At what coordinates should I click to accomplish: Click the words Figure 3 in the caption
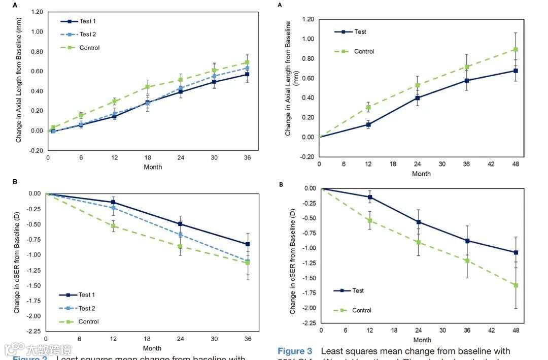click(295, 351)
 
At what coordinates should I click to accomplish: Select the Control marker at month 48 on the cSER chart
click(516, 285)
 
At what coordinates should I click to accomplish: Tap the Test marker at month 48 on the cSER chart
click(516, 252)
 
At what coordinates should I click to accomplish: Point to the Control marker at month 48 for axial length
click(516, 49)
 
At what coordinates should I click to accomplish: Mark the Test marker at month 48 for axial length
click(516, 71)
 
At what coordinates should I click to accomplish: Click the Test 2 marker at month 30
click(214, 76)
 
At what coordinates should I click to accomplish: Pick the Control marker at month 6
click(81, 115)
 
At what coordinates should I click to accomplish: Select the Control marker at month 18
click(148, 87)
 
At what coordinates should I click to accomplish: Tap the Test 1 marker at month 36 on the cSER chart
click(248, 244)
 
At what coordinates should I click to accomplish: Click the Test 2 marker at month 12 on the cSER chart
click(113, 208)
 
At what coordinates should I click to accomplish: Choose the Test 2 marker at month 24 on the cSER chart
click(181, 235)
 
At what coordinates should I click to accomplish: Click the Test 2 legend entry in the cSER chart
click(79, 308)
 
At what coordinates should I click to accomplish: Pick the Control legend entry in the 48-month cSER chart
click(353, 310)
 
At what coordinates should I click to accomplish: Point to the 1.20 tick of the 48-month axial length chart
click(307, 20)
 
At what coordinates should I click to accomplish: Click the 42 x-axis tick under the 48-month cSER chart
click(491, 331)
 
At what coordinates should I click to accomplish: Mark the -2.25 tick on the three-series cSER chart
click(35, 331)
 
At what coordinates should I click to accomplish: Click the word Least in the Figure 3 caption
click(332, 351)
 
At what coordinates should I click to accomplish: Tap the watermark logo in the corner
click(15, 349)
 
